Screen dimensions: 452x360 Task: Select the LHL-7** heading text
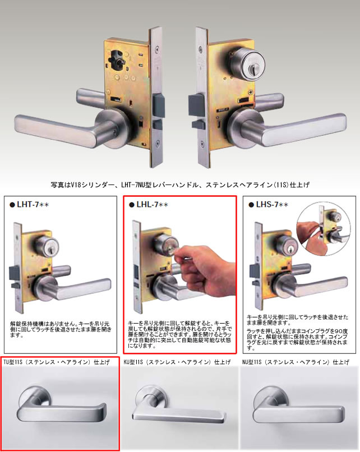point(154,205)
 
